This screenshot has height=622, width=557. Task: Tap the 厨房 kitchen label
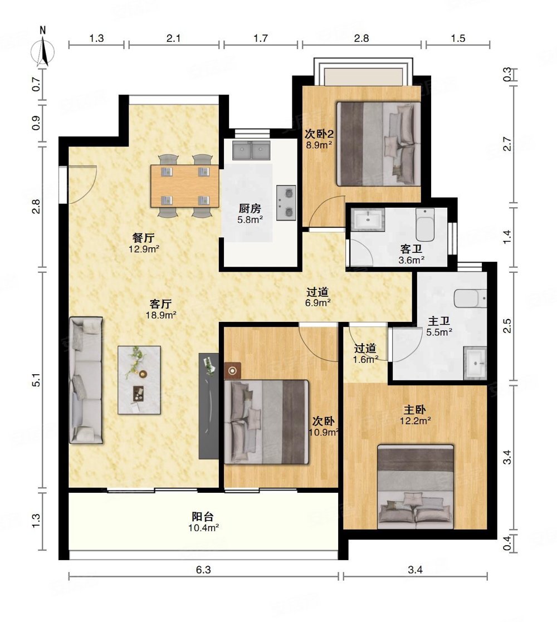(250, 208)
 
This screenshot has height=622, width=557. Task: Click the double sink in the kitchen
(251, 150)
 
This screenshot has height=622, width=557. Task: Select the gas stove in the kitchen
(286, 203)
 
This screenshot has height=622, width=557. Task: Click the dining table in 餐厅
(184, 186)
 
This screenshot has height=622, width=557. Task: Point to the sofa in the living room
(86, 380)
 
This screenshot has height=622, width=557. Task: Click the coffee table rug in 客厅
(139, 380)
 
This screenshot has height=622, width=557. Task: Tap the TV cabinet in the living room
(209, 406)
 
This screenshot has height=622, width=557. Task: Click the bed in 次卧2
(378, 144)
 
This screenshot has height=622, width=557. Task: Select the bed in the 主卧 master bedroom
(416, 487)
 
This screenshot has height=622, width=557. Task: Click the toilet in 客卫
(425, 224)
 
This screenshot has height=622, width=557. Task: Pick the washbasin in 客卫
(369, 219)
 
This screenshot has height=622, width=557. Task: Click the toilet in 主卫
(471, 298)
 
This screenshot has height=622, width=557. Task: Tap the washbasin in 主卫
(475, 364)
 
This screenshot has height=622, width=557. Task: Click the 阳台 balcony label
(203, 517)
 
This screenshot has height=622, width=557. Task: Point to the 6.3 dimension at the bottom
(203, 570)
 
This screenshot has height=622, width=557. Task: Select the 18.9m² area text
(161, 315)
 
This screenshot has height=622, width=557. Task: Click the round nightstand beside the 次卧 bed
(232, 371)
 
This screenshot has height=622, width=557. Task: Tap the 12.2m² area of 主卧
(416, 420)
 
